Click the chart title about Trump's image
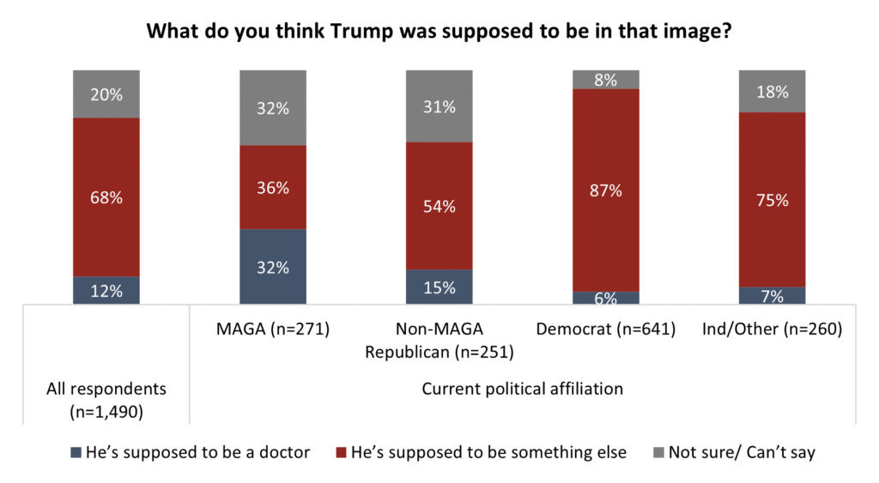point(439,32)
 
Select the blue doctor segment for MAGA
point(273,266)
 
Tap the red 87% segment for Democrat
point(606,190)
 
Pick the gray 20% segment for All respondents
point(106,94)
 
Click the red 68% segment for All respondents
point(106,197)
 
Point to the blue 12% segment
point(106,290)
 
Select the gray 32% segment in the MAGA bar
point(273,108)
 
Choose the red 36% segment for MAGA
point(273,187)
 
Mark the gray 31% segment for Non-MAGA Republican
point(439,106)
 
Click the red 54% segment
point(439,206)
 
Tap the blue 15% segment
point(439,287)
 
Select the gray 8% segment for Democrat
point(606,80)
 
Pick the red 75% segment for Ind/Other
point(773,199)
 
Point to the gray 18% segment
point(773,91)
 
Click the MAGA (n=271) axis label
point(273,329)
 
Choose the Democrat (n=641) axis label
point(606,329)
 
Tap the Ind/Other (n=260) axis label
point(773,329)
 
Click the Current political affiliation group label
point(522,389)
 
